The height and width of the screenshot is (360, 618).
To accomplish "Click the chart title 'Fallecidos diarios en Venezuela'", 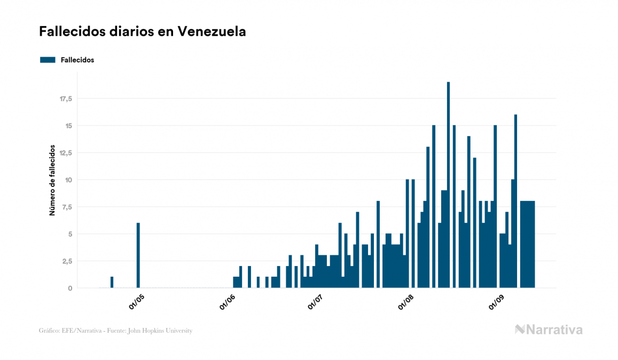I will coord(143,32).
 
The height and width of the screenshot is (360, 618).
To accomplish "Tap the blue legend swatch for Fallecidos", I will coord(48,60).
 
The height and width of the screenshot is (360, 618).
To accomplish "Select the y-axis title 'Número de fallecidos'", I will coord(52,179).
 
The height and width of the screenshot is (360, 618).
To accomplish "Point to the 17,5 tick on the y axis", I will coord(66,99).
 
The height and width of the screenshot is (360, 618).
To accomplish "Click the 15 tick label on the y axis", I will coord(68,126).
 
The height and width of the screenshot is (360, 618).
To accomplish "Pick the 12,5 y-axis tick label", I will coord(66,153).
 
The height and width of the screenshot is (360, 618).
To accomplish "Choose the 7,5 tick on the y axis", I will coord(67,207).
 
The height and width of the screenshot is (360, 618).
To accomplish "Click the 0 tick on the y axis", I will coord(70,288).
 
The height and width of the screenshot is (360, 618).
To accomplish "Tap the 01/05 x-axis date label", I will coord(137,302).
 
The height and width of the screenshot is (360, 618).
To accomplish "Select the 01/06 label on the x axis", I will coord(228,302).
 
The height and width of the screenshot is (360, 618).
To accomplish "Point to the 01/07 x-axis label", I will coord(316,302).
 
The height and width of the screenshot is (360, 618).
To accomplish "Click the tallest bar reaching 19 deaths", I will coord(448,184).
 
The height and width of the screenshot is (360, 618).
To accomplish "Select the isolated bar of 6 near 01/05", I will coord(138,255).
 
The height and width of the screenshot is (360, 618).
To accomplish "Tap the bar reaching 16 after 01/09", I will coord(515,201).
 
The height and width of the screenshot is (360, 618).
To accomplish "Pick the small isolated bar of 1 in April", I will coord(112,283).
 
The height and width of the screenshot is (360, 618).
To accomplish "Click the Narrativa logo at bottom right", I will coord(549,330).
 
